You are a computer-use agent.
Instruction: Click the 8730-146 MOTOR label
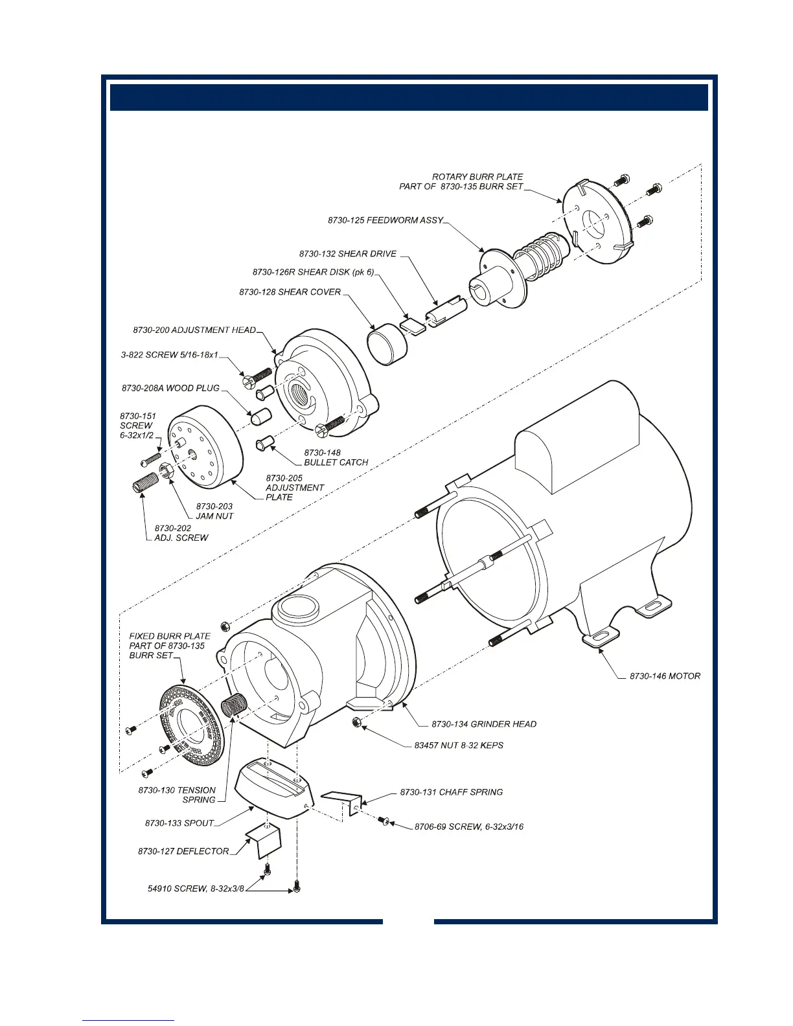coord(665,676)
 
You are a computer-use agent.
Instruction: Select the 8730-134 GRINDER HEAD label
coord(484,724)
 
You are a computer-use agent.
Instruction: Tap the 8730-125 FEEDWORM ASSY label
coord(385,220)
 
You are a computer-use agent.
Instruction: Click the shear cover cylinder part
coord(388,345)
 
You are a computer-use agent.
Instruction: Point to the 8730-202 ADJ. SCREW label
coord(181,533)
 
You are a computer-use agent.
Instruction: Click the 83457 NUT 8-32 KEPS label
coord(459,746)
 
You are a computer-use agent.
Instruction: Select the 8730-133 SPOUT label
coord(179,823)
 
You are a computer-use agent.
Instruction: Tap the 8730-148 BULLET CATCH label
coord(336,458)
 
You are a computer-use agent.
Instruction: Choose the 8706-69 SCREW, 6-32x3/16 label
coord(469,826)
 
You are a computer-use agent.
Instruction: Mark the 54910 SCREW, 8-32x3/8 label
coord(196,889)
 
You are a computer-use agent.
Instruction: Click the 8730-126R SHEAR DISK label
coord(313,272)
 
